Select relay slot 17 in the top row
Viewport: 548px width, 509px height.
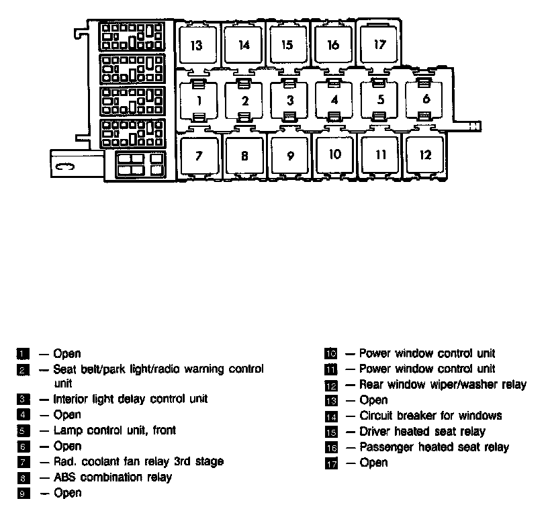coord(380,45)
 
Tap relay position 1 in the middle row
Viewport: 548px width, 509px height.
coord(199,101)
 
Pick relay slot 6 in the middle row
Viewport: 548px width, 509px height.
coord(426,99)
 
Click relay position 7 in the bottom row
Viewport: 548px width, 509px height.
coord(199,156)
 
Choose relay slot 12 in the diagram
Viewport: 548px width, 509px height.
coord(425,154)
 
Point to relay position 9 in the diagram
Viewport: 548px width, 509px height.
coord(290,156)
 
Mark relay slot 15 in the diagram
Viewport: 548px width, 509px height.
coord(287,45)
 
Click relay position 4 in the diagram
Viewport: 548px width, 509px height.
coord(334,100)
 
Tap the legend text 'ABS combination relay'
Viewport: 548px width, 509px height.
coord(112,477)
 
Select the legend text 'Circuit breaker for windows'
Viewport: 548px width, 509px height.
coord(430,416)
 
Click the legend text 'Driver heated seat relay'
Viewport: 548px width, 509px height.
coord(422,431)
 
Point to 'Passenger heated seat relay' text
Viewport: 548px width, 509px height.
coord(434,447)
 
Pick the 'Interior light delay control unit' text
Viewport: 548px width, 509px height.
coord(130,399)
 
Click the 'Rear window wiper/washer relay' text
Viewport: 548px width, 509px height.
coord(443,385)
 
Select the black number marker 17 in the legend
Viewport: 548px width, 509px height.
coord(330,463)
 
